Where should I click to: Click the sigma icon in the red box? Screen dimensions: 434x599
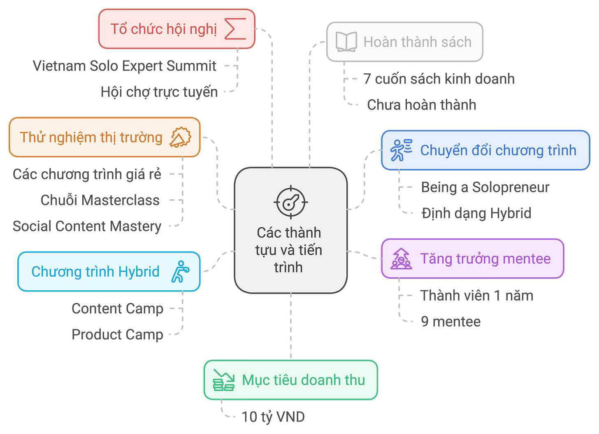[235, 29]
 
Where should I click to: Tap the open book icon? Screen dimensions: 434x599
[346, 42]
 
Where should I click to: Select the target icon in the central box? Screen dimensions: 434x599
[290, 202]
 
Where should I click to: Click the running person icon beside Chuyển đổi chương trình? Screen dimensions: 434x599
[400, 150]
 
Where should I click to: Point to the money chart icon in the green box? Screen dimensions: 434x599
[223, 380]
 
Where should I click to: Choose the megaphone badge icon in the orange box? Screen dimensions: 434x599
[181, 137]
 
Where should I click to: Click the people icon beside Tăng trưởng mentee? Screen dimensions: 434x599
[401, 259]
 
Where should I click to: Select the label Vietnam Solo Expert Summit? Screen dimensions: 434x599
[124, 65]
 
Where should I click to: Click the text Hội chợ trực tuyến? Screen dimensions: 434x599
[159, 91]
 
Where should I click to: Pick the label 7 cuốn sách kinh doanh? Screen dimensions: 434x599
[439, 79]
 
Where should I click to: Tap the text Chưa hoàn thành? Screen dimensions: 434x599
[421, 105]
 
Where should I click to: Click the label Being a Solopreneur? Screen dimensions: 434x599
[485, 187]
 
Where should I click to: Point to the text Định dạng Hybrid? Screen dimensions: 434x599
[476, 213]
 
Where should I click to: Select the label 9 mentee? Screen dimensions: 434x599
[450, 321]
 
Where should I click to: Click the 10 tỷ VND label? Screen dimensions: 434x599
[273, 417]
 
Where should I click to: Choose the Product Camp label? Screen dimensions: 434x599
[117, 334]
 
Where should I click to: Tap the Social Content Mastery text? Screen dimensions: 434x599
[87, 226]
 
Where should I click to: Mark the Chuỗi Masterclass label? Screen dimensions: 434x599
[100, 200]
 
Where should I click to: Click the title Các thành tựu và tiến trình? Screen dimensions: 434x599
[289, 250]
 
